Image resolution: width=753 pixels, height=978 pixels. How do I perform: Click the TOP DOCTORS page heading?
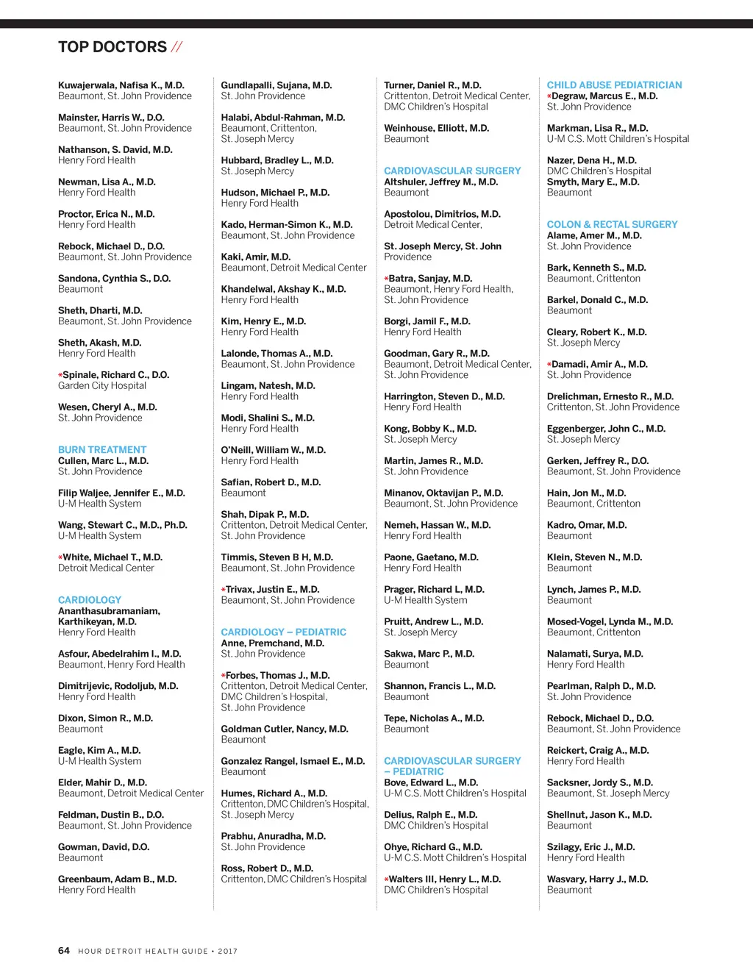tap(113, 47)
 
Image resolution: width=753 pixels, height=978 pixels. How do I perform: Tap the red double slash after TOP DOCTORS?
tap(176, 47)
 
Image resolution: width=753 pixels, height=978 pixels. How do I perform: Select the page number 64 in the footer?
tap(64, 950)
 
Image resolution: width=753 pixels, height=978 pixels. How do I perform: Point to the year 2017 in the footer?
tap(227, 951)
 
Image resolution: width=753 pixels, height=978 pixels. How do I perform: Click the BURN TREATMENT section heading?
tap(102, 449)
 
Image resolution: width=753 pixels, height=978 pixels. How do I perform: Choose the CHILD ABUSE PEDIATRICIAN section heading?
tap(614, 85)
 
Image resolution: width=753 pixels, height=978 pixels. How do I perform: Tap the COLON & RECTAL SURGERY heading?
tap(612, 224)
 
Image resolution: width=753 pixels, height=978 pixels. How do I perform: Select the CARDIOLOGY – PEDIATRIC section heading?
tap(283, 632)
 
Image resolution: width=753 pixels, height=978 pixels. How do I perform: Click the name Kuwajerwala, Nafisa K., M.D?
tap(121, 85)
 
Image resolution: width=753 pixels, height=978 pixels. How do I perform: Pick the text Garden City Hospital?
tap(102, 385)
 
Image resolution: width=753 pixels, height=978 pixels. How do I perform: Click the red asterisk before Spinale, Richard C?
tap(60, 375)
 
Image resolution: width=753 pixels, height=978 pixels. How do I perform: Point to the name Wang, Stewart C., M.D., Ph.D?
tap(123, 525)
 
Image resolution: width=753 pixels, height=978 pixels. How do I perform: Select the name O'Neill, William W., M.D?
tap(273, 450)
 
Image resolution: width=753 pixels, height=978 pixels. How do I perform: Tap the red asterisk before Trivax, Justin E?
tap(224, 590)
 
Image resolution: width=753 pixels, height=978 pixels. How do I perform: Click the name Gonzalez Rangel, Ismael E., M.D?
tap(293, 761)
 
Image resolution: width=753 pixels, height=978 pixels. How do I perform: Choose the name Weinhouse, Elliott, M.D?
tap(436, 128)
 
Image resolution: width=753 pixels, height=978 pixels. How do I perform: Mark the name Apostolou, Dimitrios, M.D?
tap(442, 214)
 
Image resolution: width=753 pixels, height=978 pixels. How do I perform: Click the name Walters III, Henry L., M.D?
tap(445, 879)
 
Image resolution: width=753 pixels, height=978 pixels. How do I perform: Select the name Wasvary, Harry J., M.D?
tap(597, 879)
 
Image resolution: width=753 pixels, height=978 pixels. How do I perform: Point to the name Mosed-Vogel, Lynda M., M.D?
tap(610, 621)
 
